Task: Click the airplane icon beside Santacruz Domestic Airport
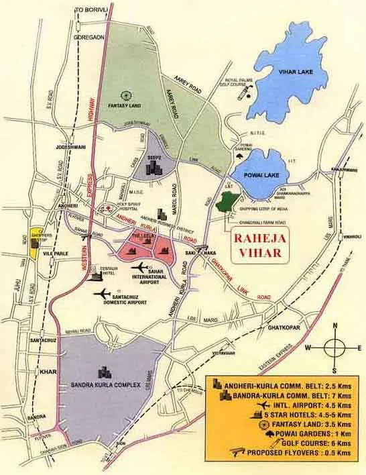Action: [x=102, y=293]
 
